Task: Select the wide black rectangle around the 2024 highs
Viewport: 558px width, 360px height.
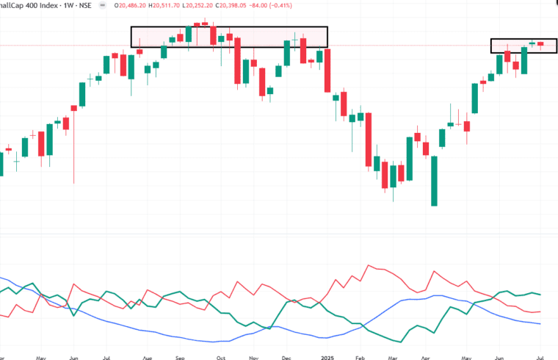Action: click(229, 37)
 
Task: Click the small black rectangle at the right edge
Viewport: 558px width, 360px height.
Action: click(518, 46)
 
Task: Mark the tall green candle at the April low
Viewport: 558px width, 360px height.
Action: click(435, 181)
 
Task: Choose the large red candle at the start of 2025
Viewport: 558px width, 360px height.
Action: click(327, 71)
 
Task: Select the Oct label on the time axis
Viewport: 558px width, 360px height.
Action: click(220, 356)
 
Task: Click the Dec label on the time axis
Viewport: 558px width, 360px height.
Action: click(286, 356)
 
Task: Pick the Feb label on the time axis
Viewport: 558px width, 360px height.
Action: click(360, 356)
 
